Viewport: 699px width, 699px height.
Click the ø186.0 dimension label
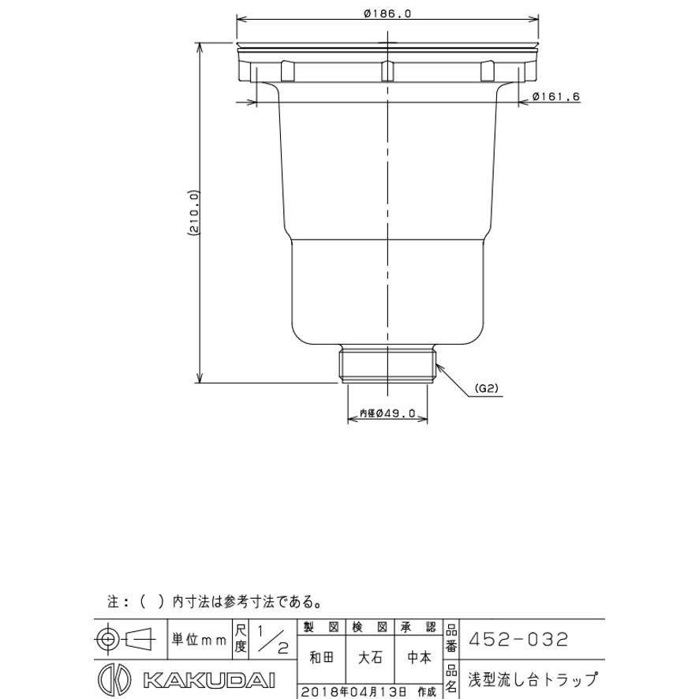388,13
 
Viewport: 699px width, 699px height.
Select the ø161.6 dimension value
556,96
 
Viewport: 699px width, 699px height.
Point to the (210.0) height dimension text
193,213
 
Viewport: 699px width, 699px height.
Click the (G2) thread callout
488,389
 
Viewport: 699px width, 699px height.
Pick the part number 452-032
518,639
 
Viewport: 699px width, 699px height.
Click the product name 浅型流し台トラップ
532,680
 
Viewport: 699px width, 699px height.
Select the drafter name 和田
321,657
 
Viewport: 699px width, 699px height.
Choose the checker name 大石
370,657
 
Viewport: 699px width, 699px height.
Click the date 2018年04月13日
353,692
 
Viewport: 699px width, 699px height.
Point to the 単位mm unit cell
199,639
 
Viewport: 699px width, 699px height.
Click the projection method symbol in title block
125,638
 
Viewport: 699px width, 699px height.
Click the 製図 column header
321,627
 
